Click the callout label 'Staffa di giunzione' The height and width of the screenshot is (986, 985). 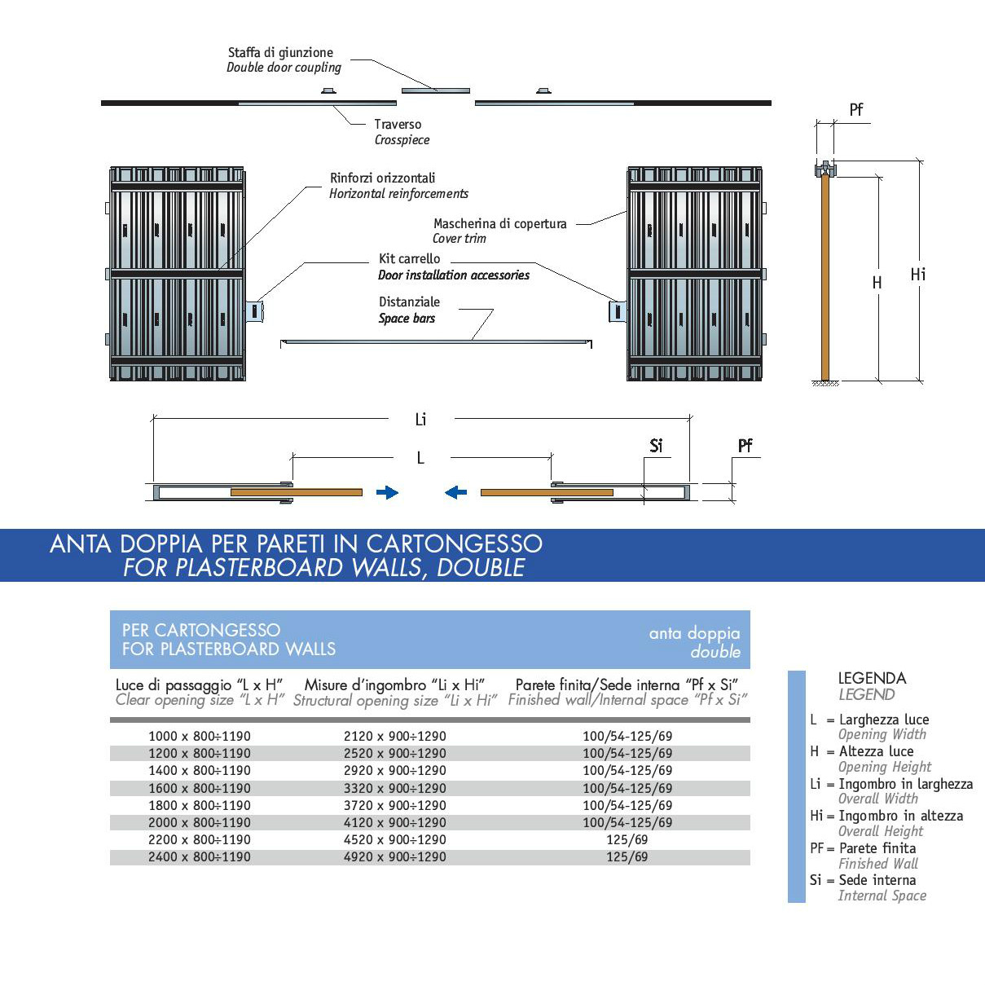point(280,53)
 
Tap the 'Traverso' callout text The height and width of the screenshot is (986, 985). point(398,125)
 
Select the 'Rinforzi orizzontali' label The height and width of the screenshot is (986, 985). point(383,178)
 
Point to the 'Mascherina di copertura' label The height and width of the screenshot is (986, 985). point(500,223)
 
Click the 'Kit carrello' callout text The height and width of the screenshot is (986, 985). point(409,259)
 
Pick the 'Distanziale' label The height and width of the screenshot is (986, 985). point(409,302)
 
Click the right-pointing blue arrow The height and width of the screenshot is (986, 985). point(387,493)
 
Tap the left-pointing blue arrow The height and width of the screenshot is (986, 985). point(455,493)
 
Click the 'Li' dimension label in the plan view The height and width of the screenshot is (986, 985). point(420,420)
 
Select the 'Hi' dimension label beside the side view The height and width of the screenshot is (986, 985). point(918,275)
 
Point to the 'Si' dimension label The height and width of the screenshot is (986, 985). point(656,446)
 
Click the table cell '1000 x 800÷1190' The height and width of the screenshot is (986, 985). point(200,737)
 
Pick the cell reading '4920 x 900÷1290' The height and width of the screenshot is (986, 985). point(395,856)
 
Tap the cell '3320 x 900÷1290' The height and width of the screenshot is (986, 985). point(395,788)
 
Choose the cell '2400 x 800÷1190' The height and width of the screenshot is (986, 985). point(200,856)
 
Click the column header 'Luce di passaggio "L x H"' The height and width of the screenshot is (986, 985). point(199,685)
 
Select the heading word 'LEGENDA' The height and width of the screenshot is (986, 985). point(872,679)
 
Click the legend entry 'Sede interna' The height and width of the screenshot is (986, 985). point(877,880)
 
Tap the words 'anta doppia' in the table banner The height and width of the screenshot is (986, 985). point(694,633)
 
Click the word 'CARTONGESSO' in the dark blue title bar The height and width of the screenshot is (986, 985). point(455,544)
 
